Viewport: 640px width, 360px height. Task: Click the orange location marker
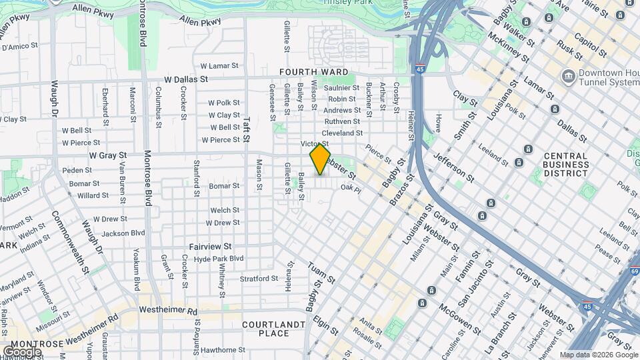320,159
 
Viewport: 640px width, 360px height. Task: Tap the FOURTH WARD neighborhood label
313,72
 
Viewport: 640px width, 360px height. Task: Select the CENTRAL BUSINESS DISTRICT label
565,164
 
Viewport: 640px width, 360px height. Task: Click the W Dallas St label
186,79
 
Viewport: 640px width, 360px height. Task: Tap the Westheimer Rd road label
169,311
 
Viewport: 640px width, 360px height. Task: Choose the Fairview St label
209,246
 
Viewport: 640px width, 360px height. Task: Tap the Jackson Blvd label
123,233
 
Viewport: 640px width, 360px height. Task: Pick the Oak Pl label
351,189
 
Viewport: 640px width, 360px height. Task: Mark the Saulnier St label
341,88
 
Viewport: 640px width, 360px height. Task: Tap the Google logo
22,351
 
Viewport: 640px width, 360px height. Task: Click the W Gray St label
108,155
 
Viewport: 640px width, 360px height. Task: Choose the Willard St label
93,195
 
